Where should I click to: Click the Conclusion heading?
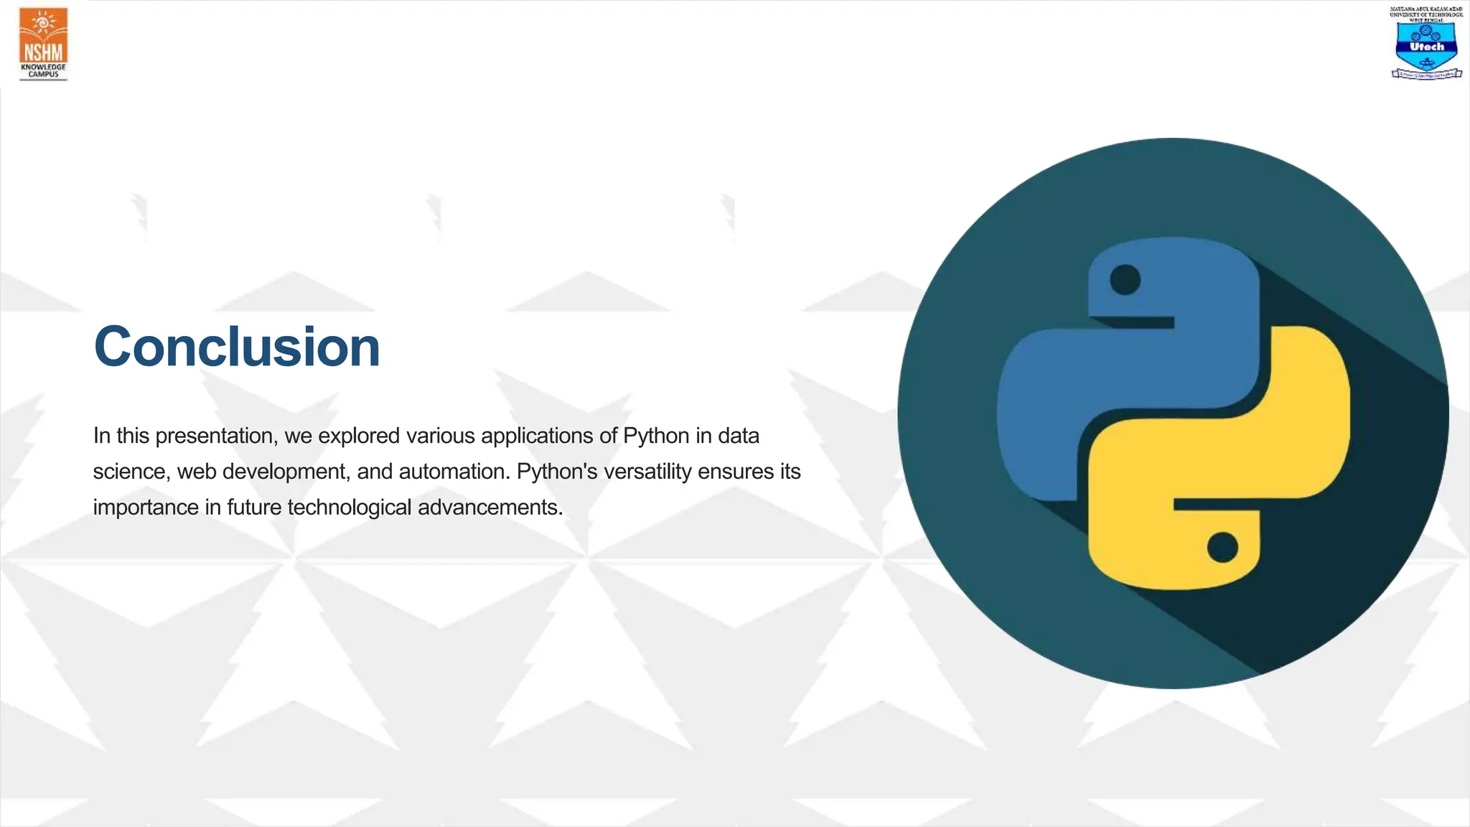[x=236, y=347]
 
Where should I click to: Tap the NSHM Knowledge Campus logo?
[x=43, y=44]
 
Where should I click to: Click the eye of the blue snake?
[x=1125, y=279]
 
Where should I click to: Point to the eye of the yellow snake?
[x=1222, y=548]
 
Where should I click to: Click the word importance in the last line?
[x=146, y=508]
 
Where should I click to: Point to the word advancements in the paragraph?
[x=490, y=508]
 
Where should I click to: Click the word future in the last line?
[x=254, y=508]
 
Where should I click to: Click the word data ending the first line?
[x=738, y=436]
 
